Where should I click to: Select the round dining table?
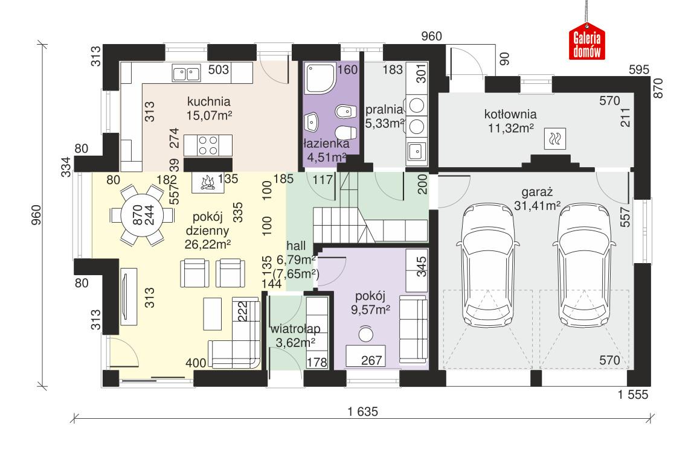click(x=137, y=215)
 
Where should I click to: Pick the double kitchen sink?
click(x=186, y=74)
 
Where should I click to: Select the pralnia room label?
click(x=384, y=109)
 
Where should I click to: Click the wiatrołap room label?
click(x=295, y=329)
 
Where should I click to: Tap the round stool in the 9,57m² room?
click(x=365, y=333)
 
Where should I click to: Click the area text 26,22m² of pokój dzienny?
click(x=208, y=244)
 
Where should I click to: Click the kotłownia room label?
click(x=510, y=114)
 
